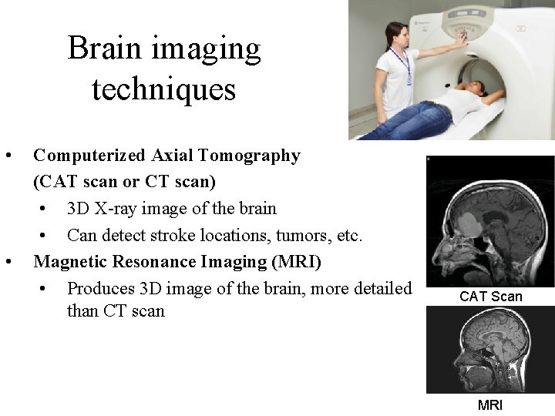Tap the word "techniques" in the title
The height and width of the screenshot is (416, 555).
(x=163, y=89)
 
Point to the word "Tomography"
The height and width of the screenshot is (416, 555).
(x=249, y=156)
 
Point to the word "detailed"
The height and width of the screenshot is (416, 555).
(x=379, y=288)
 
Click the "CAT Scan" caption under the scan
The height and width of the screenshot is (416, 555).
(x=491, y=297)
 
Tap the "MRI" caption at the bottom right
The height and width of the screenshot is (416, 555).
(x=490, y=404)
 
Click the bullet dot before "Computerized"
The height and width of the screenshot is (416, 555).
(x=8, y=156)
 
